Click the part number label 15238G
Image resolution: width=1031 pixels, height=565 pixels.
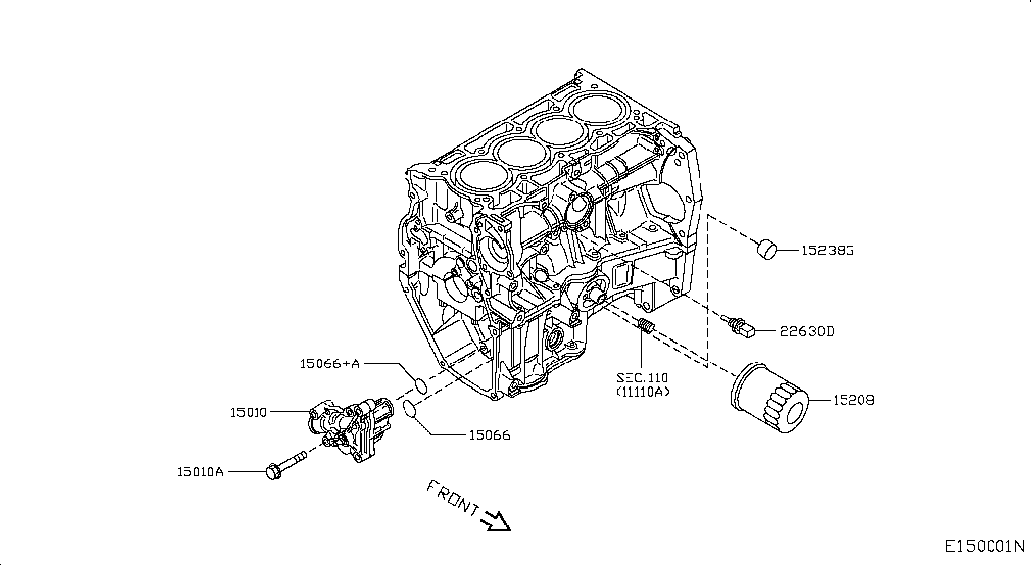point(827,250)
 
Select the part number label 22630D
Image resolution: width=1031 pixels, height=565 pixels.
point(807,331)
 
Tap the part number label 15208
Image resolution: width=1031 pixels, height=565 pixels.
point(853,400)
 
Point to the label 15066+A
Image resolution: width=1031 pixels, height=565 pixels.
point(331,363)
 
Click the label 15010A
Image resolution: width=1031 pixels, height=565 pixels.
point(200,471)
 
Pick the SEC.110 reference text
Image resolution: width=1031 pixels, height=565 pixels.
point(641,378)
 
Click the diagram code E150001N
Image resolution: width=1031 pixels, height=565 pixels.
point(985,546)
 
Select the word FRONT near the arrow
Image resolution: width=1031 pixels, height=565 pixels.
point(453,497)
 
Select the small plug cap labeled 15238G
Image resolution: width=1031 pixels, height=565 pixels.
point(766,249)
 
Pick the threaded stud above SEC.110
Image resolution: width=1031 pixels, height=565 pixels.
point(646,325)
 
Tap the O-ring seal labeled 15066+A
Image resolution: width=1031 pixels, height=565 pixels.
point(419,384)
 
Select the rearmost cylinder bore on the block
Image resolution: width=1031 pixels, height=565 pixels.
point(596,106)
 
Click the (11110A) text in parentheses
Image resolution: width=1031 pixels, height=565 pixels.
point(642,392)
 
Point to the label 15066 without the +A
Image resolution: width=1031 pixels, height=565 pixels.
point(489,435)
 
